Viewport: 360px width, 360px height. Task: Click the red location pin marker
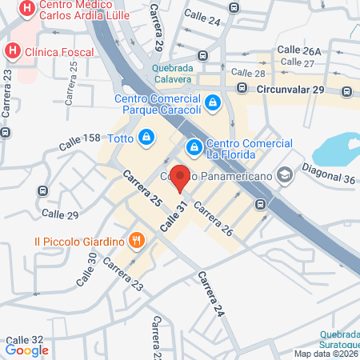(x=181, y=178)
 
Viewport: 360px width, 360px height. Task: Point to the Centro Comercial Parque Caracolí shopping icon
(x=213, y=102)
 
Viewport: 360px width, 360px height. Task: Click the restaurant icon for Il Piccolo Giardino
(x=138, y=240)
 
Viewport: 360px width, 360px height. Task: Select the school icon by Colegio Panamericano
(x=286, y=174)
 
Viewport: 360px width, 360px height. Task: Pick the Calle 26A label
(x=299, y=50)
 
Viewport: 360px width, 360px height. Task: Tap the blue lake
(x=335, y=147)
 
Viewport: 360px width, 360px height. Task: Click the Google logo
(x=26, y=350)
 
